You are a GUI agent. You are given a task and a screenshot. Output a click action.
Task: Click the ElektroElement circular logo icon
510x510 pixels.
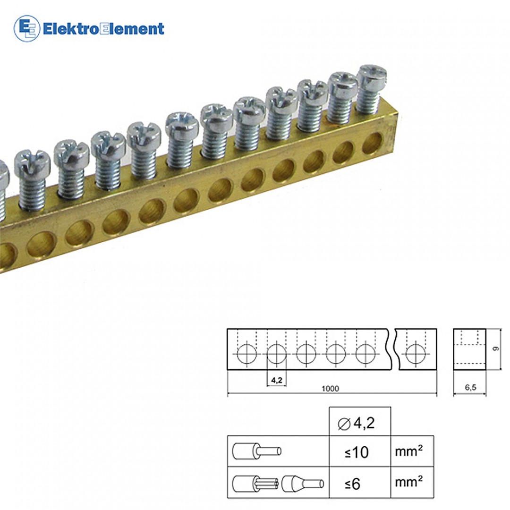[26, 28]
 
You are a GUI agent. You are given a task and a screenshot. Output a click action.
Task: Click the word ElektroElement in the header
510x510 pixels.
[103, 29]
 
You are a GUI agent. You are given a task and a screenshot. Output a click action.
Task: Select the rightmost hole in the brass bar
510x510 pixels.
[372, 143]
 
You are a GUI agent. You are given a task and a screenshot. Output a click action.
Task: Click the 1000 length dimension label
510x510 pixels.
[330, 389]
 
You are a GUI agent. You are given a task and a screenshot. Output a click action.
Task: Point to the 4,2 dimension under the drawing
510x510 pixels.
[277, 378]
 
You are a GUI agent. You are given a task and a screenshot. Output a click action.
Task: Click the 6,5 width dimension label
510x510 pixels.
[470, 388]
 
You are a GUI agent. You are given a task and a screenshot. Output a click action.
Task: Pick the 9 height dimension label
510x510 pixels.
[495, 349]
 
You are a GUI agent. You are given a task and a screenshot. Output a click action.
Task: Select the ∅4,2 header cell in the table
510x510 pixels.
[359, 423]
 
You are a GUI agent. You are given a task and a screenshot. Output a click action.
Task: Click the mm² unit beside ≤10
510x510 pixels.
[408, 451]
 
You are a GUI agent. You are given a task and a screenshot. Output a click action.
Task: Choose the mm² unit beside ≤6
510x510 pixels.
[408, 483]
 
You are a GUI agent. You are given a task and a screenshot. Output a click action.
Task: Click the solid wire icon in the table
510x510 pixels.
[257, 451]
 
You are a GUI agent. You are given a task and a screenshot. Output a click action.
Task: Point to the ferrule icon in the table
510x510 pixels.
[303, 484]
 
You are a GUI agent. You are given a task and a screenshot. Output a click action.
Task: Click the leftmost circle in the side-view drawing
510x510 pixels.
[246, 354]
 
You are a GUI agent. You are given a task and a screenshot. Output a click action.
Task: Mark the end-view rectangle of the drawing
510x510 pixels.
[469, 349]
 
